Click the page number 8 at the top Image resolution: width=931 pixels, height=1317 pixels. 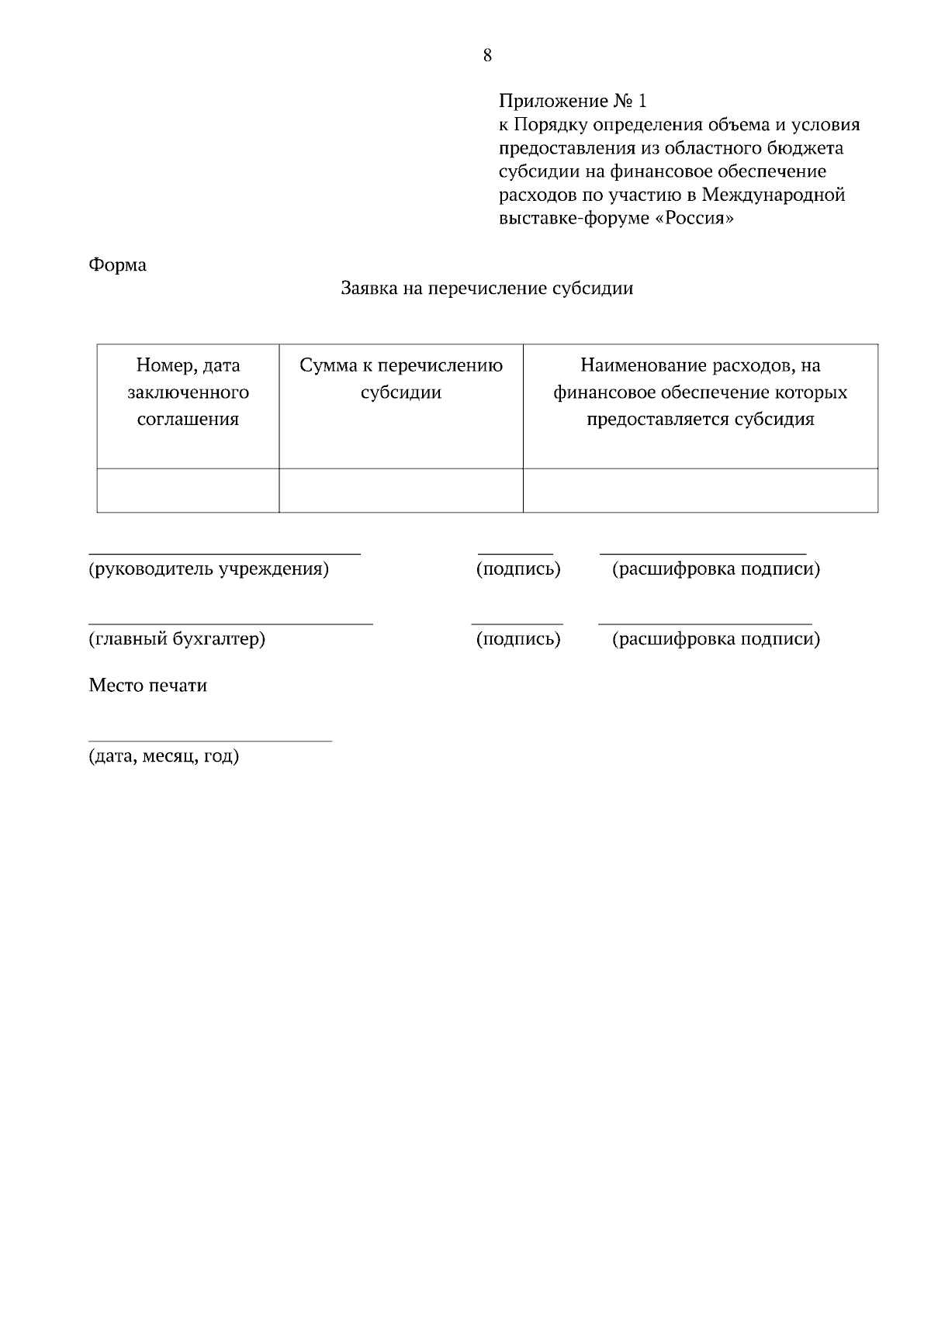tap(487, 56)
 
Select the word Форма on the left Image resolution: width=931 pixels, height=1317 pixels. tap(118, 265)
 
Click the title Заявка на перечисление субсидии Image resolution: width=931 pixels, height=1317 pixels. tap(487, 289)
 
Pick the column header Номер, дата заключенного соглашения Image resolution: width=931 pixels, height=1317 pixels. tap(189, 392)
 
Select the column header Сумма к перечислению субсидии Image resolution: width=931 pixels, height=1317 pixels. tap(401, 379)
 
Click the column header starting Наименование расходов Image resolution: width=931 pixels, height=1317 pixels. tap(700, 392)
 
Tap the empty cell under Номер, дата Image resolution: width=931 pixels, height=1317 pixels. tap(189, 490)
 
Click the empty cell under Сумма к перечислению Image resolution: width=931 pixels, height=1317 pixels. tap(401, 490)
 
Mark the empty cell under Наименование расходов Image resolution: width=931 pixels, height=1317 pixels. tap(700, 490)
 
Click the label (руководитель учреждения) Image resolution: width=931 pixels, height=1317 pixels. tap(209, 570)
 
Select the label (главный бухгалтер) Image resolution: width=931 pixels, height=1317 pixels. tap(177, 640)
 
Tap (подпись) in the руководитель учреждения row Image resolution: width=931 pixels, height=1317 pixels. tap(518, 570)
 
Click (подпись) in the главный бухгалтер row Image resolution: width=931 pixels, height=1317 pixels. tap(518, 640)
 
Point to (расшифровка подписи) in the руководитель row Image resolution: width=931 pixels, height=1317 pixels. tap(715, 570)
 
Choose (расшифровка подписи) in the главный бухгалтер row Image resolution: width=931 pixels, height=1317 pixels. tap(715, 640)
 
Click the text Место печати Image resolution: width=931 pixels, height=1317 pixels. tap(148, 686)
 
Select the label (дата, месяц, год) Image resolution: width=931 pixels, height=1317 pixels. tap(164, 756)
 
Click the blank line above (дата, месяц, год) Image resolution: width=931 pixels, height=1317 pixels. tap(210, 739)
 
